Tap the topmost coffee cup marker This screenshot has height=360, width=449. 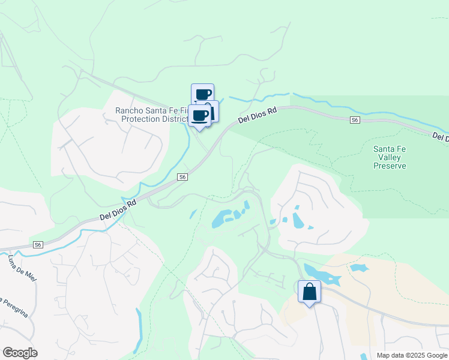pyautogui.click(x=203, y=94)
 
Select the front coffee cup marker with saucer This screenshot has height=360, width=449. pyautogui.click(x=200, y=115)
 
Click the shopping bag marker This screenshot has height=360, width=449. pyautogui.click(x=309, y=292)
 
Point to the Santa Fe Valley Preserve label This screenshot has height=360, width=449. pyautogui.click(x=390, y=157)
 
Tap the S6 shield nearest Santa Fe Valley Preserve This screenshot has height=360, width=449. pyautogui.click(x=355, y=120)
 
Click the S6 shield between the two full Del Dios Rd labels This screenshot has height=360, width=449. pyautogui.click(x=183, y=177)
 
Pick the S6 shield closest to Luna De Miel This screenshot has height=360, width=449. pyautogui.click(x=38, y=244)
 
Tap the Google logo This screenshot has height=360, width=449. pyautogui.click(x=20, y=352)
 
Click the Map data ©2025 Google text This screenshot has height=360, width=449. pyautogui.click(x=411, y=355)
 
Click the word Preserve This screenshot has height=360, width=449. pyautogui.click(x=390, y=166)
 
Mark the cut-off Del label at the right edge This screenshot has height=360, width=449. pyautogui.click(x=440, y=137)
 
